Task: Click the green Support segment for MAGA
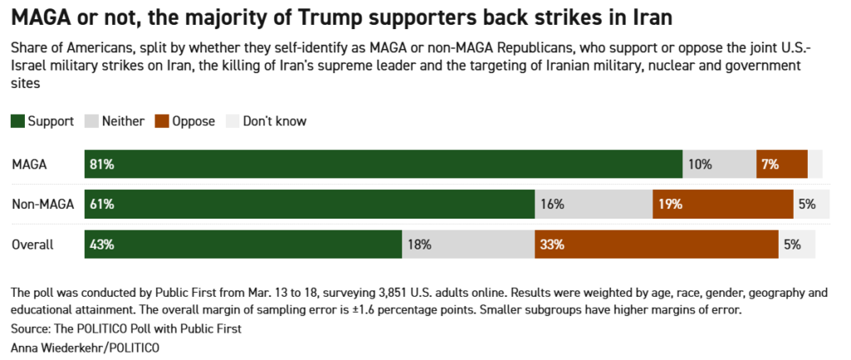pos(382,164)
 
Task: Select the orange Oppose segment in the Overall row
pos(657,244)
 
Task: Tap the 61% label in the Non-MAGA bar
pos(103,205)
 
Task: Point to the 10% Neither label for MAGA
pos(700,164)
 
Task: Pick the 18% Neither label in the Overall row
pos(420,244)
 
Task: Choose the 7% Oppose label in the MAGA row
pos(769,164)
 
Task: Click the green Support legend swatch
pos(17,121)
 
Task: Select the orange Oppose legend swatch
pos(161,121)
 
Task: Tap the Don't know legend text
pos(274,121)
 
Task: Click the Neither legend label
pos(124,121)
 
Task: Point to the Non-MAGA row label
pos(42,205)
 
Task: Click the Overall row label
pos(32,244)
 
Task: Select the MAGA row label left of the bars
pos(29,164)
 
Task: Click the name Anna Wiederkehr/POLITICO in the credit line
pos(85,346)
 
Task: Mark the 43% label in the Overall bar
pos(103,244)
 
